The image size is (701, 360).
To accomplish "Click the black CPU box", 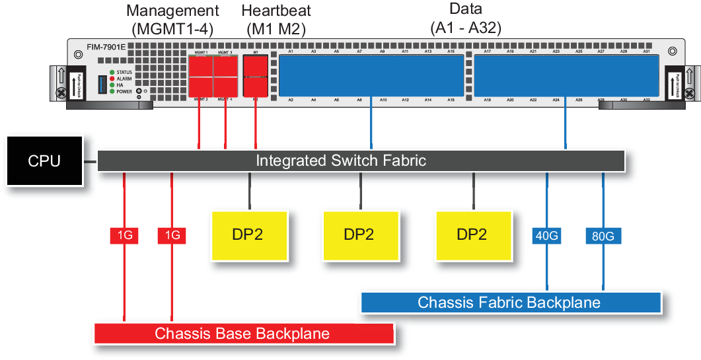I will [x=44, y=161].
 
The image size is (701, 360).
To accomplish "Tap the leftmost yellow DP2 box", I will [x=248, y=235].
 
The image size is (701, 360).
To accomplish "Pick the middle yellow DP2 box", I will [x=361, y=235].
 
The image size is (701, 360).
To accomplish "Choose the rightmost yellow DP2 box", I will [x=473, y=235].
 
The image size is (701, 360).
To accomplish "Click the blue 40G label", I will [x=547, y=235].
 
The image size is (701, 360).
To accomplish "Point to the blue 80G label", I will [x=603, y=235].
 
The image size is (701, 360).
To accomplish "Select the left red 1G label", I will [x=124, y=235].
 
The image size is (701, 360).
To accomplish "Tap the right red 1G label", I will [x=172, y=235].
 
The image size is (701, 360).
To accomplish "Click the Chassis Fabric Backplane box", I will [x=510, y=303].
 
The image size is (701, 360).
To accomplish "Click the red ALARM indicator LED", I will [x=112, y=79].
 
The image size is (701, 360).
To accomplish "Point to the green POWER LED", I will [x=112, y=92].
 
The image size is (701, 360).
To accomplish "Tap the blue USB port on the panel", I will [x=101, y=84].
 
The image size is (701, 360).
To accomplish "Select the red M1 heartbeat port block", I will [x=256, y=76].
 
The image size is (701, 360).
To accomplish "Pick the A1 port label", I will [x=291, y=51].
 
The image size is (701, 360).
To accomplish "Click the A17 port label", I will [x=487, y=51].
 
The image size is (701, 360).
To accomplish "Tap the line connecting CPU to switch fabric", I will [x=91, y=161].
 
